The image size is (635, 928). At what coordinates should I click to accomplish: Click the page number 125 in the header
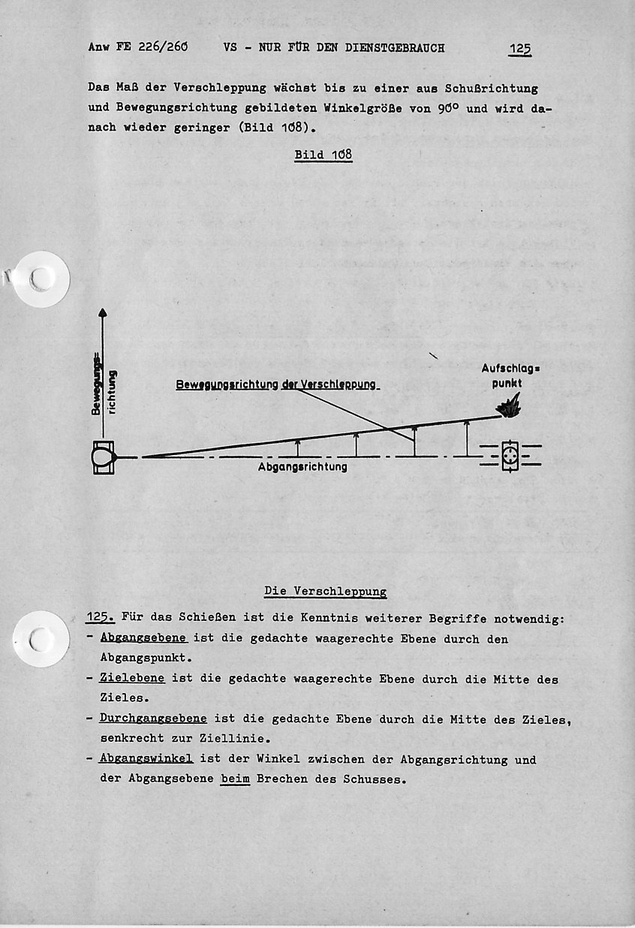point(519,49)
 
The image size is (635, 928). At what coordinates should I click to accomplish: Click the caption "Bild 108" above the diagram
point(323,155)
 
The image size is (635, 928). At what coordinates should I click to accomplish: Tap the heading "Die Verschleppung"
point(326,591)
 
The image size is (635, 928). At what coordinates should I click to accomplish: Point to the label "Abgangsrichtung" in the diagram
point(302,466)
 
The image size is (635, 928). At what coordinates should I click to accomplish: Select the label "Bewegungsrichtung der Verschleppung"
point(276,384)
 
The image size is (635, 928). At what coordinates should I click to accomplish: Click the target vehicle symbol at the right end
point(510,456)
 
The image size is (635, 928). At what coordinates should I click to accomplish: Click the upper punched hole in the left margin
point(41,279)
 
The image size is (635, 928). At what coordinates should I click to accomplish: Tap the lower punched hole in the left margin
point(41,639)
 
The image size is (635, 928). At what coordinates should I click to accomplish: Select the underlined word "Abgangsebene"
point(143,639)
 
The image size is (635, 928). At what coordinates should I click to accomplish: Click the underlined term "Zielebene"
point(132,679)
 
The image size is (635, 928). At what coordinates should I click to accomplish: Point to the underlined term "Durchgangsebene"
point(152,719)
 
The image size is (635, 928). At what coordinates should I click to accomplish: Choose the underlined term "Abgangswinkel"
point(146,759)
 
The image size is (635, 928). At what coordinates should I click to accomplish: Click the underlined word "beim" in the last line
point(235,779)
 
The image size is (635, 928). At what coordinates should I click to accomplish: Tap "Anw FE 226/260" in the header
point(137,48)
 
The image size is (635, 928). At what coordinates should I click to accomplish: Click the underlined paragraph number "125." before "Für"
point(100,619)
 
